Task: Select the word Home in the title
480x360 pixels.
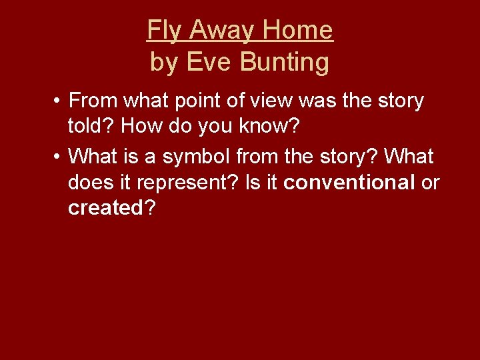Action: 297,31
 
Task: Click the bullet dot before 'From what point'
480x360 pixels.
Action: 59,101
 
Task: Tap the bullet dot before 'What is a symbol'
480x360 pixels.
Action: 59,157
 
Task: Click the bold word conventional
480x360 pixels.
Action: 349,183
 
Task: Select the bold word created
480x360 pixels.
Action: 105,208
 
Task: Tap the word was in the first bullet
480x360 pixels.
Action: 321,101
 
